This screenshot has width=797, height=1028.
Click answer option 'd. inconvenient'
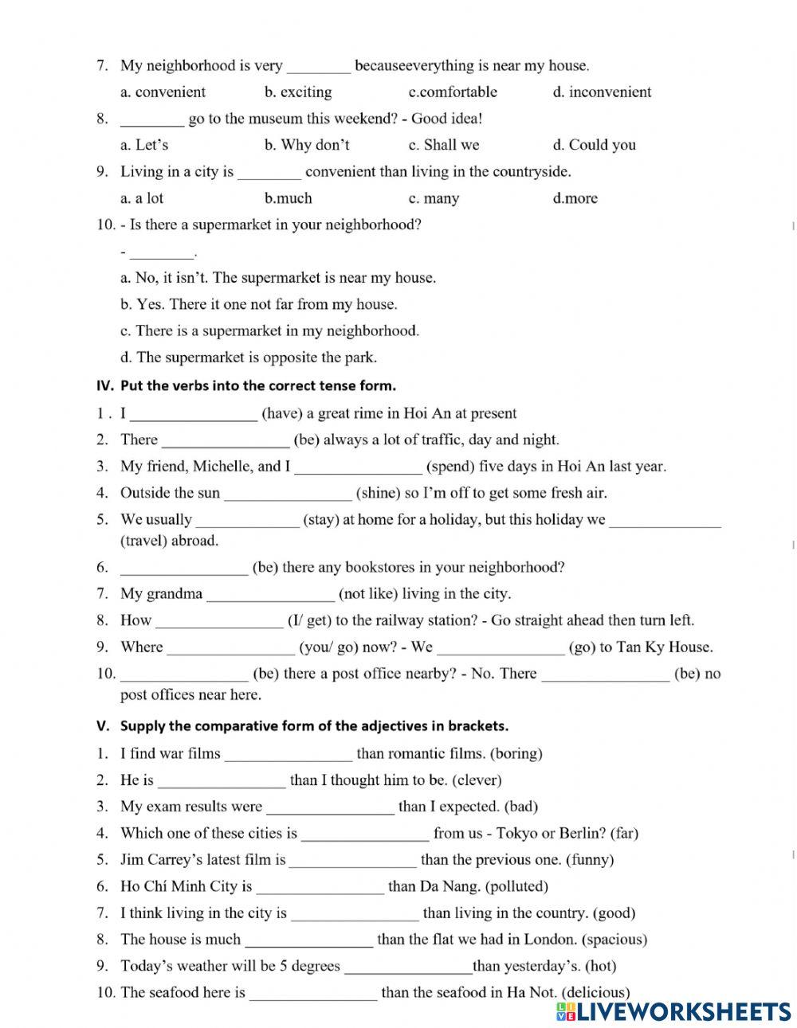pyautogui.click(x=602, y=92)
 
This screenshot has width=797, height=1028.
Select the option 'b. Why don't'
pyautogui.click(x=307, y=145)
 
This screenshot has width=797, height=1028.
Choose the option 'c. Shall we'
pyautogui.click(x=444, y=145)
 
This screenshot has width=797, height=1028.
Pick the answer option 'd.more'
pyautogui.click(x=575, y=198)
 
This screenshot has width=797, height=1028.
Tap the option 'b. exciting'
pyautogui.click(x=298, y=92)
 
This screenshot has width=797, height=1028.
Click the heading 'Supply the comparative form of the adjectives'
pyautogui.click(x=314, y=726)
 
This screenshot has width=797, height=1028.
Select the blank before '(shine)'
pyautogui.click(x=287, y=494)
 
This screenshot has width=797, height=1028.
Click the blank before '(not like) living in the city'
pyautogui.click(x=270, y=594)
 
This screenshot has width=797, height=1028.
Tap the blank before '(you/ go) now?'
pyautogui.click(x=230, y=647)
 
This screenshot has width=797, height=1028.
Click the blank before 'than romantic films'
pyautogui.click(x=288, y=753)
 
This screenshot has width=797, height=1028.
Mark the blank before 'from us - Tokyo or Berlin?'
pyautogui.click(x=365, y=834)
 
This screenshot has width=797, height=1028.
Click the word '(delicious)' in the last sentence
pyautogui.click(x=595, y=992)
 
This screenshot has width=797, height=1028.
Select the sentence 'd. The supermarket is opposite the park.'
pyautogui.click(x=249, y=358)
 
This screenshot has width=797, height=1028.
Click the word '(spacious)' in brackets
pyautogui.click(x=614, y=940)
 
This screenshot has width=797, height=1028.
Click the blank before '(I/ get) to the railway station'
pyautogui.click(x=219, y=620)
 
